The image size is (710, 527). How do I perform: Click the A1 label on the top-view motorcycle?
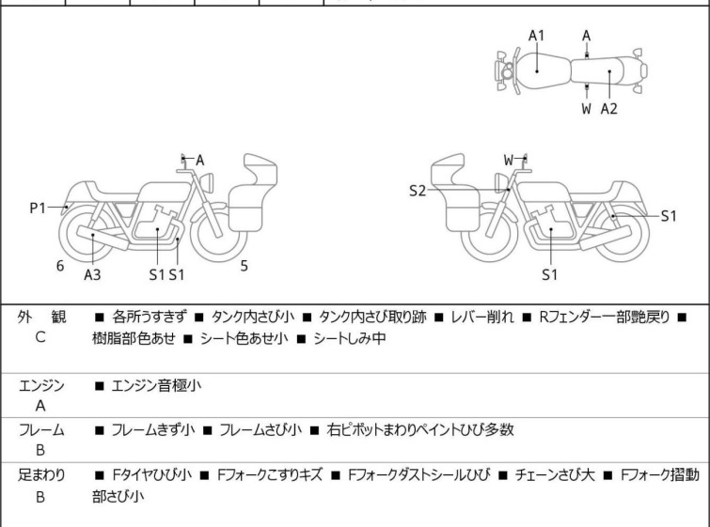click(x=536, y=36)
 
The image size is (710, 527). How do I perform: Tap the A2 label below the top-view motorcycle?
click(x=609, y=108)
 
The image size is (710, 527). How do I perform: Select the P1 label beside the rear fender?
click(x=38, y=208)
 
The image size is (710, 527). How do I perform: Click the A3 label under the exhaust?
click(x=92, y=274)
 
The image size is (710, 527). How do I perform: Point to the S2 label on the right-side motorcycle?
click(x=418, y=192)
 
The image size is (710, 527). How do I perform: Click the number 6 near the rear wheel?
click(x=60, y=266)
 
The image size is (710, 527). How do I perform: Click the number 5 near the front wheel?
click(x=244, y=266)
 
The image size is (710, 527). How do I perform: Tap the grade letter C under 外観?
click(x=40, y=337)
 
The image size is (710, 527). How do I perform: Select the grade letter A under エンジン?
click(x=40, y=407)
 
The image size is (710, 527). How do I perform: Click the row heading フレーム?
click(x=41, y=430)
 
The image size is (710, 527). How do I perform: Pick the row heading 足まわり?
click(x=41, y=475)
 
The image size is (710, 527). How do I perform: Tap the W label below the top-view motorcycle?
click(x=586, y=108)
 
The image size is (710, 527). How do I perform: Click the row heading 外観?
click(x=41, y=318)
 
